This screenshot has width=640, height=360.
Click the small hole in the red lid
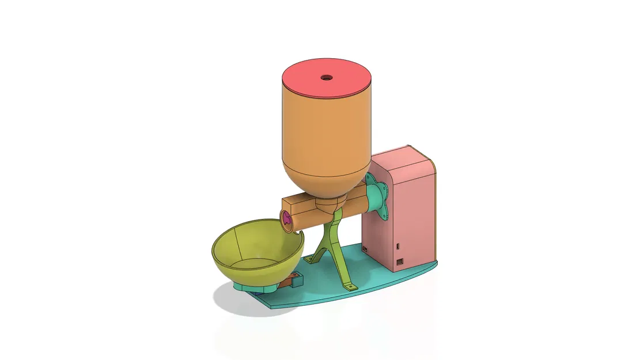(x=327, y=76)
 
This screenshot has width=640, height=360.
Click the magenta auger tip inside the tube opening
(x=286, y=219)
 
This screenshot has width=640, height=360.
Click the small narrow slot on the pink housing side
(x=397, y=247)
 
